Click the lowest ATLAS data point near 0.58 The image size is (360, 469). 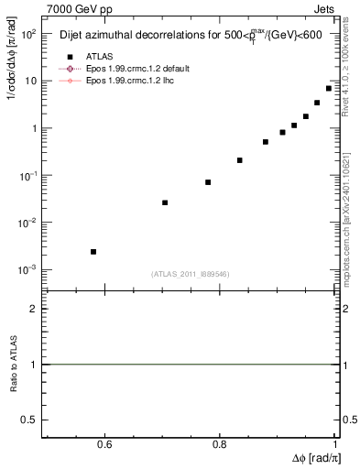(x=93, y=251)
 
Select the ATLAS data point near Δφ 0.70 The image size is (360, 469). (x=165, y=202)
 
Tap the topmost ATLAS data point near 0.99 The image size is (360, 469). (x=329, y=88)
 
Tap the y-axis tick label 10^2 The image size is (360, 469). (x=27, y=34)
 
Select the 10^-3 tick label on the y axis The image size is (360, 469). (x=27, y=270)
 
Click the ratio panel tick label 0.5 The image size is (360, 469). (x=29, y=419)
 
